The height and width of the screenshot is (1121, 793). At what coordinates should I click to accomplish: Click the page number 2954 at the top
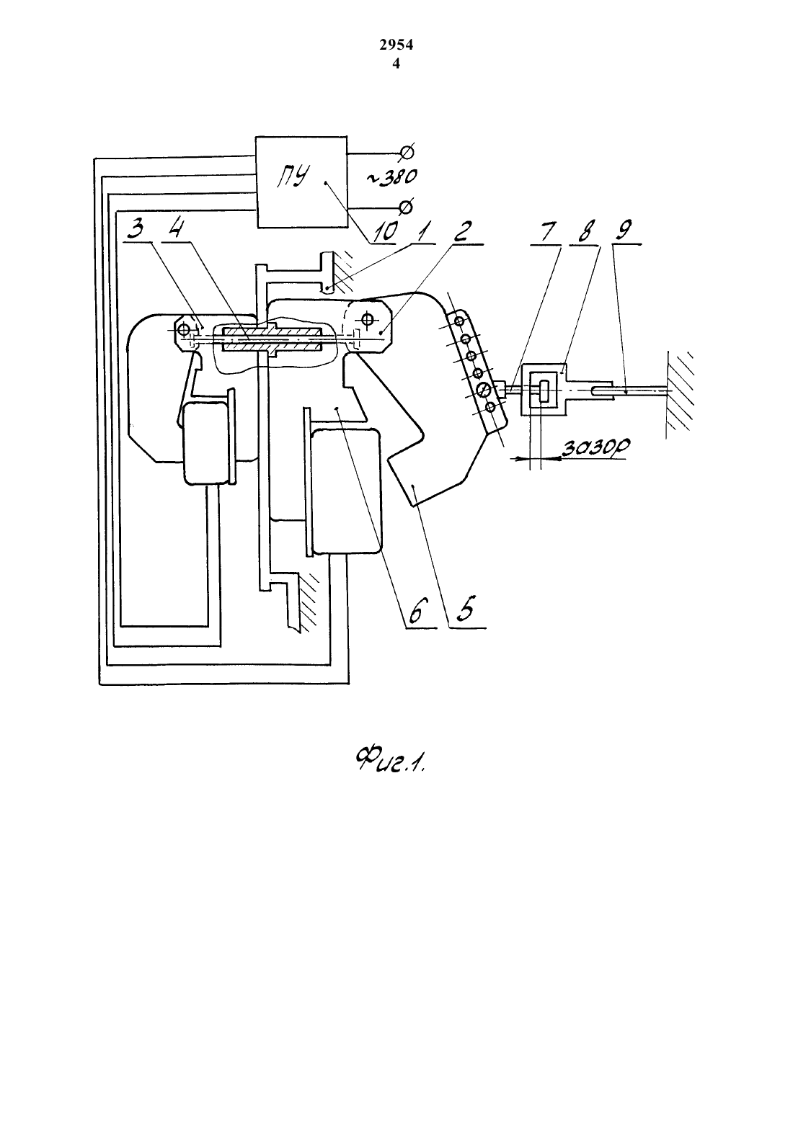tap(396, 45)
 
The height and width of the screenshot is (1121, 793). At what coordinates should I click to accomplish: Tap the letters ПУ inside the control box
tap(293, 177)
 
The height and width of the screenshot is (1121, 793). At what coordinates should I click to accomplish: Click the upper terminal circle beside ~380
tap(407, 151)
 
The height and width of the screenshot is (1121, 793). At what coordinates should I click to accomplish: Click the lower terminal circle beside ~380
tap(407, 206)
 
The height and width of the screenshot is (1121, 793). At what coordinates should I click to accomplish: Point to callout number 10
tap(386, 231)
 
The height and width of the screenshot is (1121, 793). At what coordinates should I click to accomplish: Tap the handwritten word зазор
tap(595, 447)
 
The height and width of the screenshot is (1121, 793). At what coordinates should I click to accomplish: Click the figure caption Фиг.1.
tap(390, 762)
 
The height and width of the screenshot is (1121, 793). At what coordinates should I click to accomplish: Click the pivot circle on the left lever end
tap(184, 329)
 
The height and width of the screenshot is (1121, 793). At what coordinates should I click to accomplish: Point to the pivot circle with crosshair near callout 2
tap(368, 318)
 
